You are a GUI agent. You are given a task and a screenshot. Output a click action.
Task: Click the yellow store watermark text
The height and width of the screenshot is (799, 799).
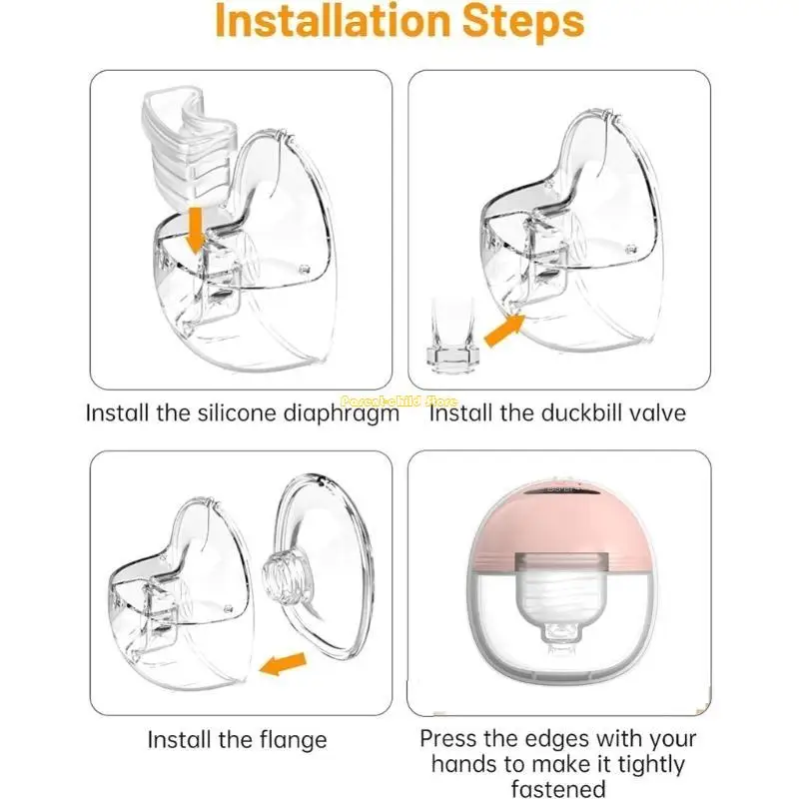tap(399, 399)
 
